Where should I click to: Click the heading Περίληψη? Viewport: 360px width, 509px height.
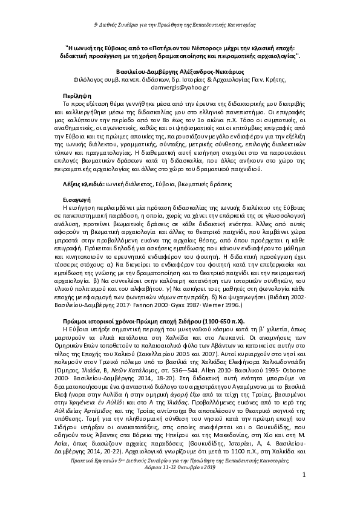click(x=78, y=96)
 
